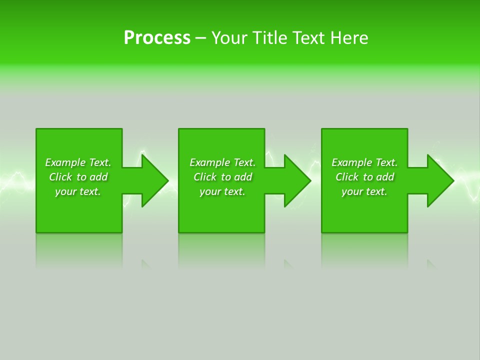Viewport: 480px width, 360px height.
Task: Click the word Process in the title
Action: (x=157, y=38)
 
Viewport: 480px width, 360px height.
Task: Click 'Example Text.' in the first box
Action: (x=78, y=162)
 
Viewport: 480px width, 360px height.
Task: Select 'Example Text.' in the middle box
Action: (x=222, y=162)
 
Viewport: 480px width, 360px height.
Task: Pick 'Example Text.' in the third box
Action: (x=364, y=162)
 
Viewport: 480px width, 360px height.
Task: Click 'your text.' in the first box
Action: (x=78, y=191)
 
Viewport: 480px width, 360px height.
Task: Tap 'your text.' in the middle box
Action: (x=222, y=191)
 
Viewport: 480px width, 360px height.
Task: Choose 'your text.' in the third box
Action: (x=364, y=191)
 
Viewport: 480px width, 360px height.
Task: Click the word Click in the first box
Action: (x=60, y=177)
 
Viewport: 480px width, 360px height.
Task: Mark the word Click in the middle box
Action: (x=205, y=177)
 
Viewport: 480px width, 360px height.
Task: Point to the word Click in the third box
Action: (x=347, y=177)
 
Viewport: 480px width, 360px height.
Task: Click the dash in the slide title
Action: (x=200, y=38)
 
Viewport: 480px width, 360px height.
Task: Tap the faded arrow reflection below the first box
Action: (x=145, y=263)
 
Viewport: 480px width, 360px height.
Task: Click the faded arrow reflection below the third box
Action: (x=430, y=263)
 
